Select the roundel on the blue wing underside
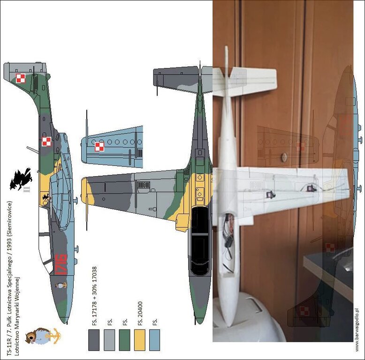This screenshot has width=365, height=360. tap(99, 147)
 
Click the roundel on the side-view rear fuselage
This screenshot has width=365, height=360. tap(46, 141)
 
